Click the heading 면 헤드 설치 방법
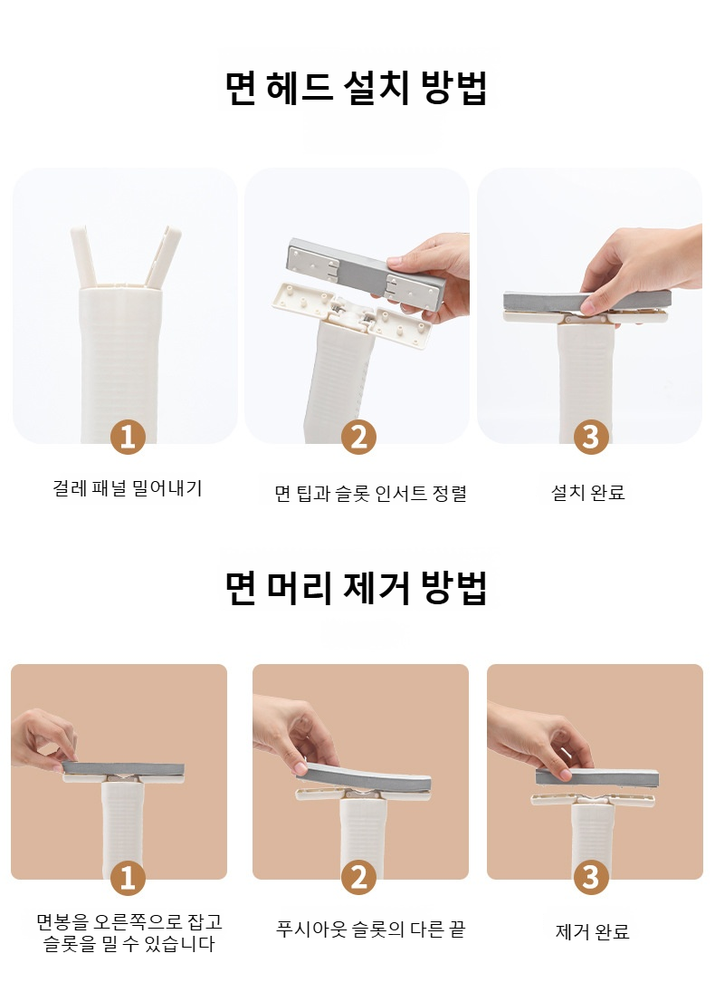357,87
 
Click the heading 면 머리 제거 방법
357,587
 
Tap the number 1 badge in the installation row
128,437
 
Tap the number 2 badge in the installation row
358,437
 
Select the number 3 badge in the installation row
590,437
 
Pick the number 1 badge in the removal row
128,878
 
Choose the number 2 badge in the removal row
358,878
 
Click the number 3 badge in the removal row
590,878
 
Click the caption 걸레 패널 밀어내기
128,488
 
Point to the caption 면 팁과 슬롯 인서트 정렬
370,493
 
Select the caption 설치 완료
588,492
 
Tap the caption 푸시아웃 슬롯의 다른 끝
370,929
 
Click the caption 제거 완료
592,931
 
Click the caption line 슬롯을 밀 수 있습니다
129,944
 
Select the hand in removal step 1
43,740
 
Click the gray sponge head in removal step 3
596,777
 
